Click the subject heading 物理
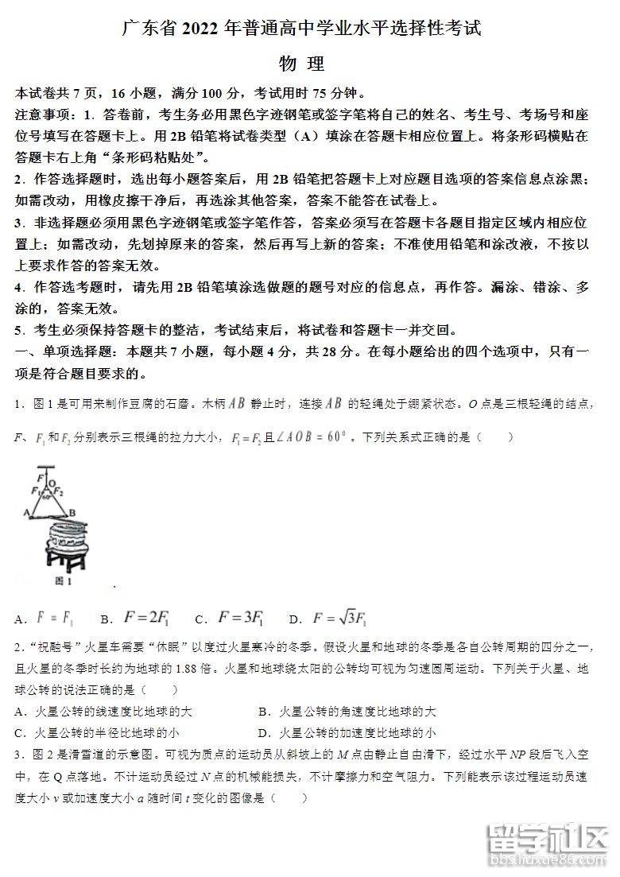point(302,64)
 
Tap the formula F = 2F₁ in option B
point(147,618)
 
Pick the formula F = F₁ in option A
point(56,618)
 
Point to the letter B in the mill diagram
point(72,513)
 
